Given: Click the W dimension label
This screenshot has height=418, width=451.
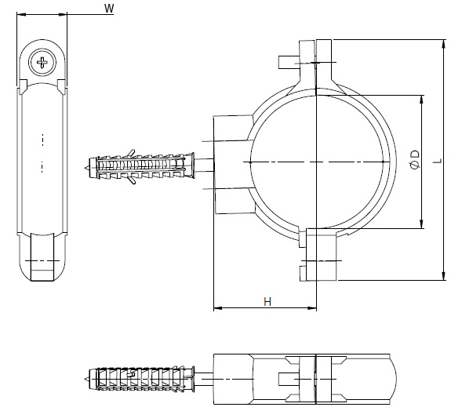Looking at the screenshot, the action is click(109, 9).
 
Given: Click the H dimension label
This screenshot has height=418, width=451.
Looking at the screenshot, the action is click(267, 302).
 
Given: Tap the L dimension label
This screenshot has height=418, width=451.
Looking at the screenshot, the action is click(438, 160).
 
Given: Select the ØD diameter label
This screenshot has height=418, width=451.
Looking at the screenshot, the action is click(415, 159).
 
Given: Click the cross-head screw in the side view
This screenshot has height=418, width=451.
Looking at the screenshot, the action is click(42, 63).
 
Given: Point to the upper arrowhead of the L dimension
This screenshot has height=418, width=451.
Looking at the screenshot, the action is click(445, 44).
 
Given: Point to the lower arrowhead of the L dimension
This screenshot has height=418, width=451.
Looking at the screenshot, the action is click(445, 275).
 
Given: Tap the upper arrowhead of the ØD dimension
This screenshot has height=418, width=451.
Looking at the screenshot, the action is click(422, 100).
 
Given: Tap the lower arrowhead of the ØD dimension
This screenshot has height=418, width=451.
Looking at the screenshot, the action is click(422, 224).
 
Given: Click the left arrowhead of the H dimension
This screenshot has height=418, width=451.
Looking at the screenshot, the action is click(218, 308).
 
